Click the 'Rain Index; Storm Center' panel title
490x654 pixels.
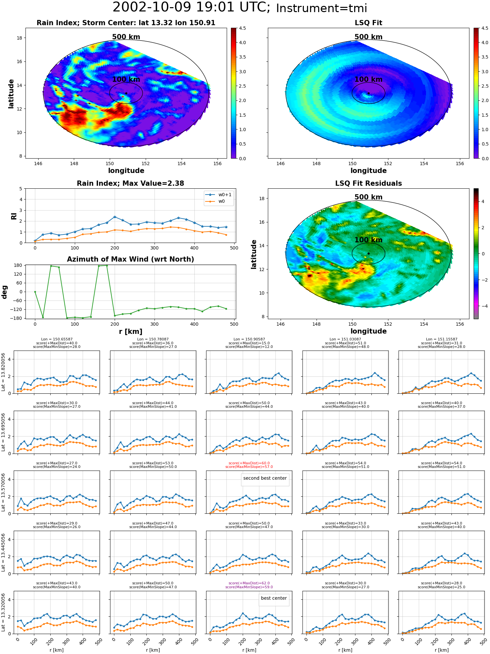(126, 23)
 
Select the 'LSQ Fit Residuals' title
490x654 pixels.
(368, 183)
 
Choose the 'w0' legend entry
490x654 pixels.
(216, 201)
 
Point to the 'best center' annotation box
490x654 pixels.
(274, 598)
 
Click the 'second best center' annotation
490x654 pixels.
(265, 478)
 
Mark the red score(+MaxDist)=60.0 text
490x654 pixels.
(249, 463)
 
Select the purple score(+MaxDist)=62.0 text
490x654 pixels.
(249, 583)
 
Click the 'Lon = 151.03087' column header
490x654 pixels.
(345, 339)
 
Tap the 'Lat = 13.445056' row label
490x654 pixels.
(3, 552)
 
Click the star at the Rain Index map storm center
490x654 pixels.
(126, 93)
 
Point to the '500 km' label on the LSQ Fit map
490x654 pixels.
(368, 37)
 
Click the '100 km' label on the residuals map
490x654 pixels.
(368, 240)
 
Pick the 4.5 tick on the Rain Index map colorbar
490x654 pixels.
(242, 28)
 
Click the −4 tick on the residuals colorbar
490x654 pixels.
(482, 306)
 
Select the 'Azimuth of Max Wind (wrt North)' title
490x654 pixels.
(130, 259)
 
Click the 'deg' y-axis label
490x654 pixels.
(5, 292)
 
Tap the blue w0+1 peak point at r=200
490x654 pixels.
(115, 217)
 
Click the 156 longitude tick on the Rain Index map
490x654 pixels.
(217, 163)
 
